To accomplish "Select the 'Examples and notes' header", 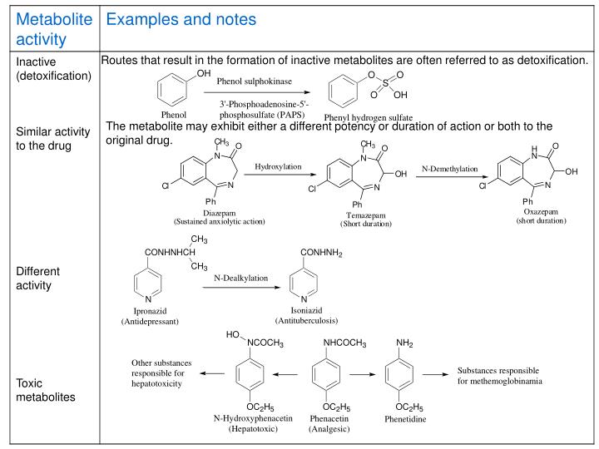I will tap(181, 18).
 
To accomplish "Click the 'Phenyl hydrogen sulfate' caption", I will tap(368, 118).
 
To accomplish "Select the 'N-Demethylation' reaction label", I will tap(449, 169).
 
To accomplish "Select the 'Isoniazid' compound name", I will tap(305, 311).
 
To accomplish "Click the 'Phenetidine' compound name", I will tap(405, 420).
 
